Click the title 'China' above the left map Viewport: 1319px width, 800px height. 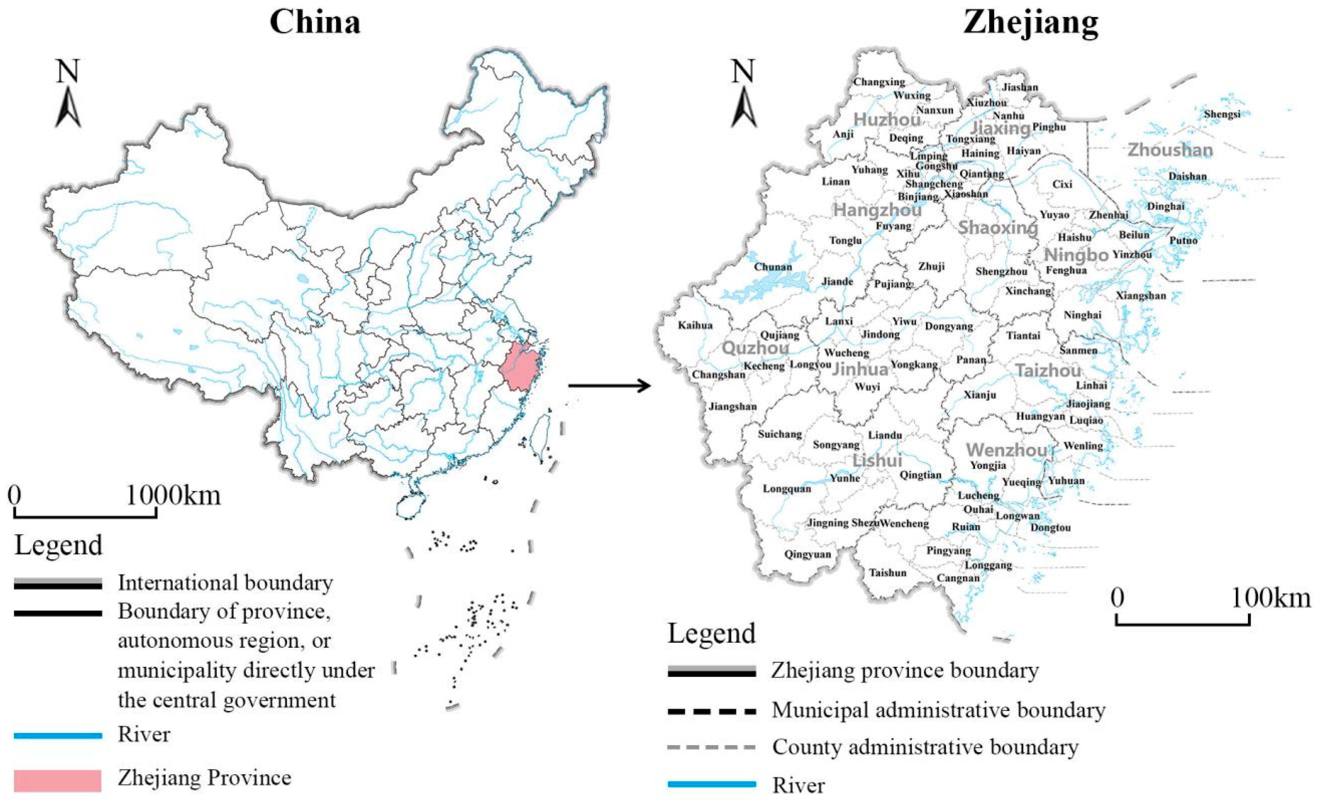[x=315, y=22]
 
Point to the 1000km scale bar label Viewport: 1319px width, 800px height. [x=173, y=495]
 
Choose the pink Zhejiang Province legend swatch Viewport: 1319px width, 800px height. [x=58, y=780]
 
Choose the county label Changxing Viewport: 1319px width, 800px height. [x=879, y=82]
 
